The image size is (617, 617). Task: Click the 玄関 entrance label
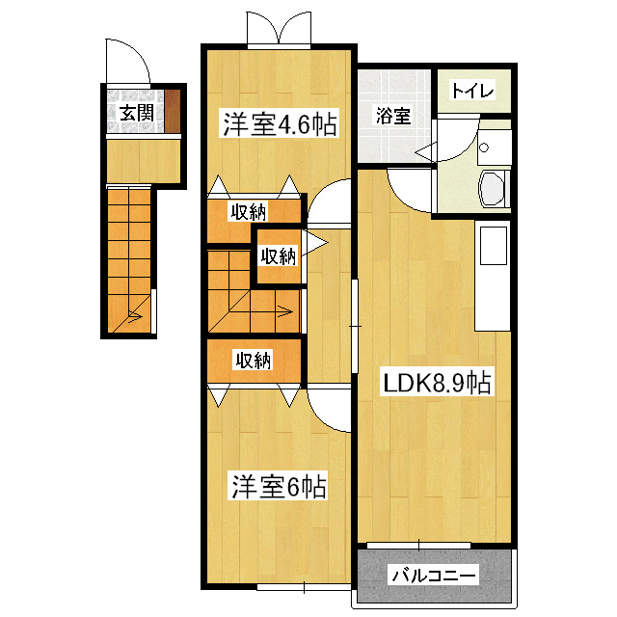coord(135,112)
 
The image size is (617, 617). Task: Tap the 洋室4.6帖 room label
coord(281,124)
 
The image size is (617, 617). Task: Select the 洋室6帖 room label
coord(278,486)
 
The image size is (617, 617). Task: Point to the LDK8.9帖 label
coord(438,383)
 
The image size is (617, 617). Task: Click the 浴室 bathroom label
coord(393,117)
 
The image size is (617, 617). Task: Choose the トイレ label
coord(472,92)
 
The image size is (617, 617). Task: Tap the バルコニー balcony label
coord(433,577)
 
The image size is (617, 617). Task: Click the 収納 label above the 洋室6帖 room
coord(254,361)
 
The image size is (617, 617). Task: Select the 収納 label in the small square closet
coord(278,256)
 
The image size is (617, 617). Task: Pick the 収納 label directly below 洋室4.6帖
coord(249,211)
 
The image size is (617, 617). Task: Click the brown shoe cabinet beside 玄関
coord(174,111)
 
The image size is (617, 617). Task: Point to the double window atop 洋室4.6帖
coord(279,29)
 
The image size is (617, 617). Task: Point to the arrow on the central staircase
coord(283,310)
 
